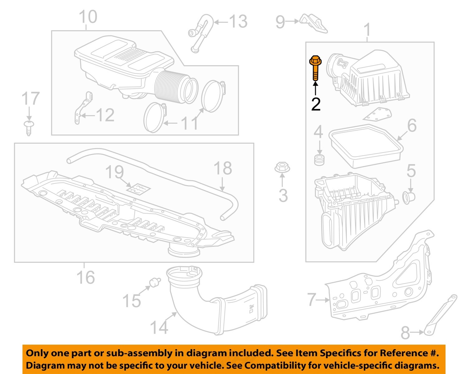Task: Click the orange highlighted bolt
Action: coord(315,67)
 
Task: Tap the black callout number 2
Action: coord(316,104)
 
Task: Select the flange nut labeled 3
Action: coord(282,167)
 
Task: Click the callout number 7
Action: coord(312,299)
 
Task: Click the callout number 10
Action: coord(88,17)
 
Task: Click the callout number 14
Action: coord(159,327)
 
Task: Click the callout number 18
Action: coord(223,168)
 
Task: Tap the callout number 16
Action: coord(85,277)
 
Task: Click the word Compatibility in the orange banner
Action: coord(275,365)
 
